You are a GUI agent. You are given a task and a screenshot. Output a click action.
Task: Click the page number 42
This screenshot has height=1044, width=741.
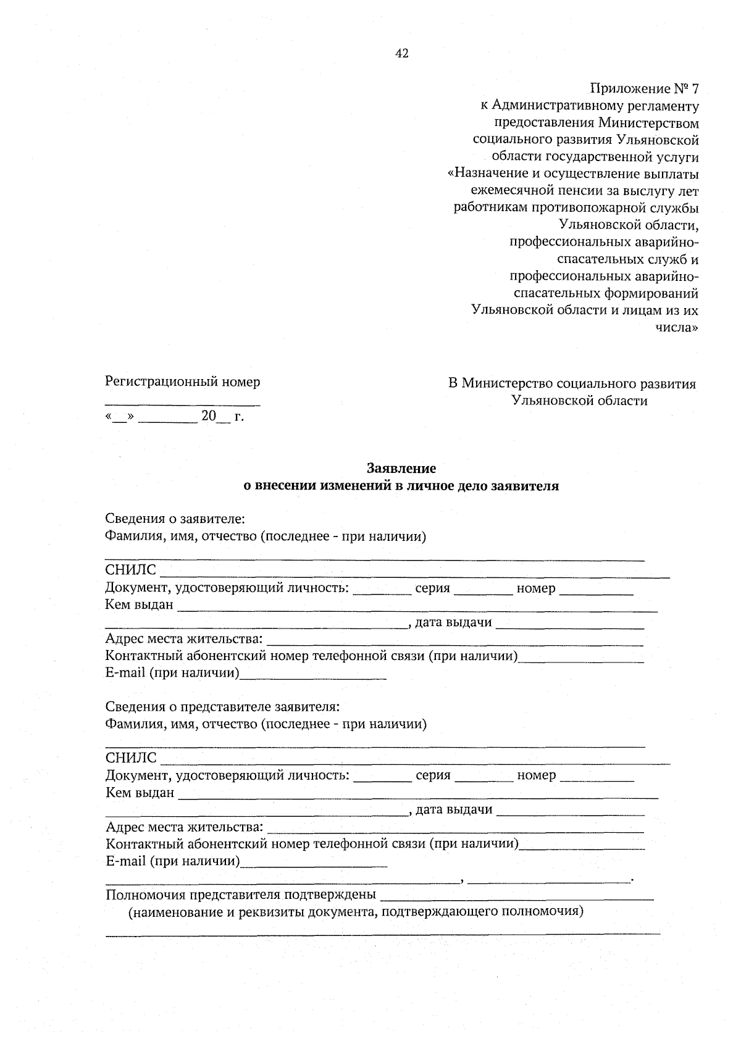click(x=401, y=54)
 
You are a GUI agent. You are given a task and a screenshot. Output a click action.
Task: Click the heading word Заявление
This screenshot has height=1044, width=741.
click(x=401, y=469)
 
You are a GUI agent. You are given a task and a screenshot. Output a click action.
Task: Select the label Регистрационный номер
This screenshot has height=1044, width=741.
click(x=183, y=382)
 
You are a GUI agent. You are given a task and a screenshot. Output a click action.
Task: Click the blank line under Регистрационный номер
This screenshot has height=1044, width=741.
click(x=183, y=404)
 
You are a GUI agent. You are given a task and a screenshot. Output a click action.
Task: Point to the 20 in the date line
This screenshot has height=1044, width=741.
click(x=209, y=416)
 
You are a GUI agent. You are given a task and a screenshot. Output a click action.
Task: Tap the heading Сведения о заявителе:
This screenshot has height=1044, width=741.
click(x=175, y=519)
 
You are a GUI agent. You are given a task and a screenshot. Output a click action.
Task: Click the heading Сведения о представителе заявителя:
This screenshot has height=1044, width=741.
click(x=222, y=706)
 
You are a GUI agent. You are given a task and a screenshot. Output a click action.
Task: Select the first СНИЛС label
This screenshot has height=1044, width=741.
click(x=131, y=570)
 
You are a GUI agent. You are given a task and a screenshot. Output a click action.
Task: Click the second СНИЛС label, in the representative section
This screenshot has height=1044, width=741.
click(x=131, y=758)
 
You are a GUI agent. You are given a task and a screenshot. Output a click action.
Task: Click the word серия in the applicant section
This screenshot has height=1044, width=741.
click(x=432, y=588)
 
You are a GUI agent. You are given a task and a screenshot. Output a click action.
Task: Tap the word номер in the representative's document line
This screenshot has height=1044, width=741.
click(x=536, y=775)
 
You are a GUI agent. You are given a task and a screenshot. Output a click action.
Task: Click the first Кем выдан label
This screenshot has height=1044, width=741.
click(x=140, y=605)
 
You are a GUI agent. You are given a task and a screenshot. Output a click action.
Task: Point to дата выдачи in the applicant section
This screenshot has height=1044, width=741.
click(x=453, y=622)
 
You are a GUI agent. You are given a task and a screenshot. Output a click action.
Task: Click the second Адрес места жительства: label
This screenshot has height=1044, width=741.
click(x=184, y=827)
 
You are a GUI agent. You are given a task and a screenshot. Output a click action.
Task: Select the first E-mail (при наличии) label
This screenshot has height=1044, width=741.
click(x=172, y=672)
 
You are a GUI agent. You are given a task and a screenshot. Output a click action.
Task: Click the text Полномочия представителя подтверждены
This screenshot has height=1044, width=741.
click(x=241, y=895)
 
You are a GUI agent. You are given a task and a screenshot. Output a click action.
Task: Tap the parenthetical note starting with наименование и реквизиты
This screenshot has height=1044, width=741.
click(x=356, y=911)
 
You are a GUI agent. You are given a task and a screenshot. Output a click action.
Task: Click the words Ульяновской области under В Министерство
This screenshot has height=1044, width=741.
click(x=579, y=401)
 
